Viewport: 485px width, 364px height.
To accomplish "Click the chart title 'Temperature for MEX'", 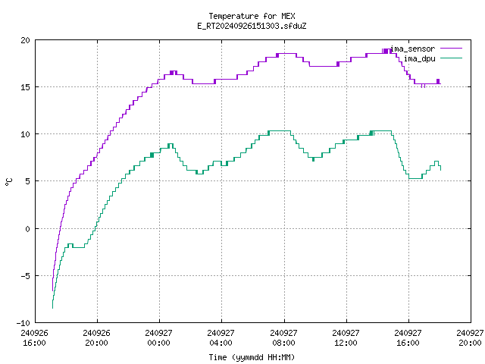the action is pyautogui.click(x=252, y=16).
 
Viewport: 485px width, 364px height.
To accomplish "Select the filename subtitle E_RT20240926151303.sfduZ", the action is pyautogui.click(x=252, y=26).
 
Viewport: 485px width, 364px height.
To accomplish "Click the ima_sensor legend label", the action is pyautogui.click(x=413, y=49).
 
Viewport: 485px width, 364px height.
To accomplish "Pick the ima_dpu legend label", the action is pyautogui.click(x=419, y=58).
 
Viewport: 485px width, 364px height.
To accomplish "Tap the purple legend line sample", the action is pyautogui.click(x=451, y=49).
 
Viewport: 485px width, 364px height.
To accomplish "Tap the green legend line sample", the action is pyautogui.click(x=451, y=58).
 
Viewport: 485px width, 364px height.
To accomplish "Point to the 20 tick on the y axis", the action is pyautogui.click(x=25, y=40).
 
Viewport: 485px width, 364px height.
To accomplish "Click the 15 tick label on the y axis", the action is pyautogui.click(x=25, y=87).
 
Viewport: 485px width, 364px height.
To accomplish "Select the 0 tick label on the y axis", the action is pyautogui.click(x=27, y=229).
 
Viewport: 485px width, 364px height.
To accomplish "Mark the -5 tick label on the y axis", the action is pyautogui.click(x=23, y=276).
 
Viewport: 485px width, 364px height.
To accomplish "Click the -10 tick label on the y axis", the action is pyautogui.click(x=23, y=323).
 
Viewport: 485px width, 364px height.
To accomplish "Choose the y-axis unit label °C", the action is pyautogui.click(x=9, y=182).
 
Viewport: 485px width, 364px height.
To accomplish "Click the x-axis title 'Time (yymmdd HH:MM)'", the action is pyautogui.click(x=252, y=357).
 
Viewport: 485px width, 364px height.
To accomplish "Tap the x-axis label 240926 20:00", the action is pyautogui.click(x=96, y=338).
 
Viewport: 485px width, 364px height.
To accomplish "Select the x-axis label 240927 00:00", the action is pyautogui.click(x=158, y=338).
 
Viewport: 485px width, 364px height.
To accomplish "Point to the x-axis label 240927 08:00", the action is pyautogui.click(x=283, y=338).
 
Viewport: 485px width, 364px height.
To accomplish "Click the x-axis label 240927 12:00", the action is pyautogui.click(x=346, y=338).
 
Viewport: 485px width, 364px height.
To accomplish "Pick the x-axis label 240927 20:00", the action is pyautogui.click(x=470, y=338).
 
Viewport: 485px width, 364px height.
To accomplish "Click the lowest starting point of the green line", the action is pyautogui.click(x=52, y=309).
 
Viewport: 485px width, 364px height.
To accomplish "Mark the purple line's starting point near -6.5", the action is pyautogui.click(x=52, y=291).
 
